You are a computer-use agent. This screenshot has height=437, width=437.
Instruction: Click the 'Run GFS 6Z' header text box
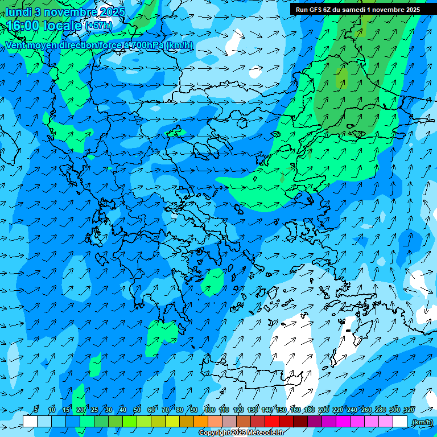click(x=357, y=10)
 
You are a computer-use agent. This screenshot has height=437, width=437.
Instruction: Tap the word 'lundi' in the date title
click(x=19, y=12)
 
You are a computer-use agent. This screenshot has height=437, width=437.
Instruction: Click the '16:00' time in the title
click(x=22, y=26)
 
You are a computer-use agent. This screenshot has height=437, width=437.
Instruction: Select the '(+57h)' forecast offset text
click(x=98, y=26)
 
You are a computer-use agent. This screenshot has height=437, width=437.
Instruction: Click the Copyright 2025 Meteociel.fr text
click(x=241, y=433)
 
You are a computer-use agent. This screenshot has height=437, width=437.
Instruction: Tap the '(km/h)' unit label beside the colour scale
click(x=422, y=422)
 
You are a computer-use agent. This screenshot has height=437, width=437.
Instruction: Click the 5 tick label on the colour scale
click(x=36, y=410)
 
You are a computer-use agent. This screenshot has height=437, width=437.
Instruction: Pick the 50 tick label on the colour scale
click(x=137, y=410)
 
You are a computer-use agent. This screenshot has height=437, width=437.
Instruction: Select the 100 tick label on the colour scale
click(x=209, y=410)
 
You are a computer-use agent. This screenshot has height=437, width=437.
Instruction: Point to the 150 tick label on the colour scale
click(x=281, y=410)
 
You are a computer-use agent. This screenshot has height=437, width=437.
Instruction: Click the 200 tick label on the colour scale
click(x=324, y=410)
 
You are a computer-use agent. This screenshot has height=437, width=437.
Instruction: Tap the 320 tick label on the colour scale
click(x=409, y=410)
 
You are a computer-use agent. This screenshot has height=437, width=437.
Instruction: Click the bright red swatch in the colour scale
click(x=272, y=422)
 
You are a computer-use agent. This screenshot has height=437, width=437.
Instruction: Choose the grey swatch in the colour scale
click(x=229, y=422)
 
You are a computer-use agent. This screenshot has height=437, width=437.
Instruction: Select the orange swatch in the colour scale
click(x=201, y=422)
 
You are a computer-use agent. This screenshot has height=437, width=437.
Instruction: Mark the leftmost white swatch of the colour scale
click(x=30, y=422)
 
